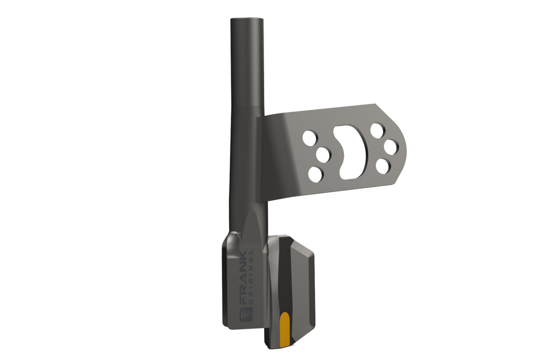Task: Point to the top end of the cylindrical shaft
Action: tap(247, 18)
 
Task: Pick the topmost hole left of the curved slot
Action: tap(309, 137)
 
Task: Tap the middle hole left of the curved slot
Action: tap(323, 155)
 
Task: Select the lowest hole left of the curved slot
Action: tap(316, 174)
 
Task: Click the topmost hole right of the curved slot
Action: tap(377, 130)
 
